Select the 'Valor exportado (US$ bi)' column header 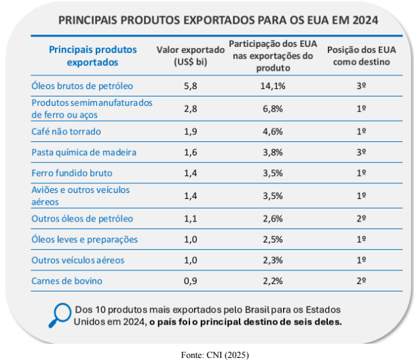pos(190,56)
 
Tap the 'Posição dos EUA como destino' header pos(362,56)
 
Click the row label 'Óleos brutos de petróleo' pos(82,86)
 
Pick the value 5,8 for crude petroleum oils pos(190,86)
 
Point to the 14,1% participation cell pos(274,86)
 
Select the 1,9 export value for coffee pos(190,131)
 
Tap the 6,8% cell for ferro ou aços pos(274,109)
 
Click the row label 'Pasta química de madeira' pos(84,152)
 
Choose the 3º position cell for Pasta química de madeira pos(362,152)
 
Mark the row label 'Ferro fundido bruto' pos(72,173)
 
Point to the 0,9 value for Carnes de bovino pos(190,280)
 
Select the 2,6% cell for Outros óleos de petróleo pos(274,219)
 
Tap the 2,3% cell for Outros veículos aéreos pos(274,260)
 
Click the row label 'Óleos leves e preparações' pos(85,239)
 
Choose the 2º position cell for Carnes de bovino pos(362,280)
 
